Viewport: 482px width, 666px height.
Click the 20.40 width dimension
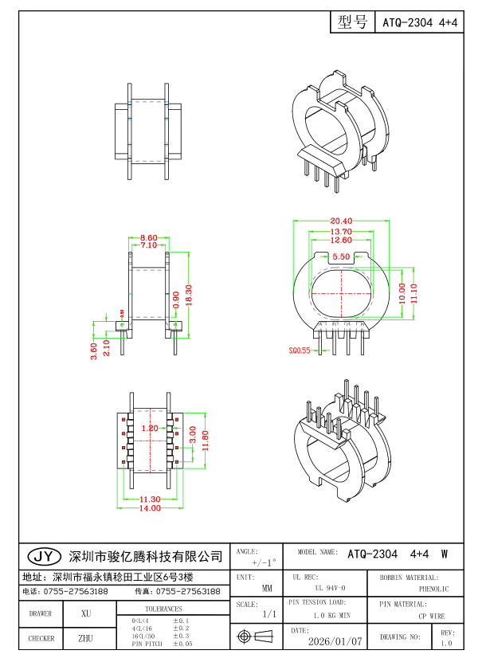click(341, 221)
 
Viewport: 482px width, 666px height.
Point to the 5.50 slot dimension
click(341, 257)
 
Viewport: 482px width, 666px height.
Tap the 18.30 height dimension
click(190, 293)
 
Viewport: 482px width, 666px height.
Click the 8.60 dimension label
click(148, 237)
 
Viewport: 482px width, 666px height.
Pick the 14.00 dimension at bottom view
click(151, 508)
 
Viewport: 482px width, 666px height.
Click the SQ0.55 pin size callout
click(300, 350)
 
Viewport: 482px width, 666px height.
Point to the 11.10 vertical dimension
click(414, 293)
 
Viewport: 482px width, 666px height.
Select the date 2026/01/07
click(335, 641)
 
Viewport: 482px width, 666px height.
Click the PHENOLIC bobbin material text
click(433, 589)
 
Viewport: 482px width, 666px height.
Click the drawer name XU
click(85, 613)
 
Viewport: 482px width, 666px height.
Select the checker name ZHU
click(85, 638)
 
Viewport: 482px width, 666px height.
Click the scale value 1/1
click(268, 615)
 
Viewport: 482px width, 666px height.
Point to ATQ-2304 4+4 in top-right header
click(420, 23)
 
